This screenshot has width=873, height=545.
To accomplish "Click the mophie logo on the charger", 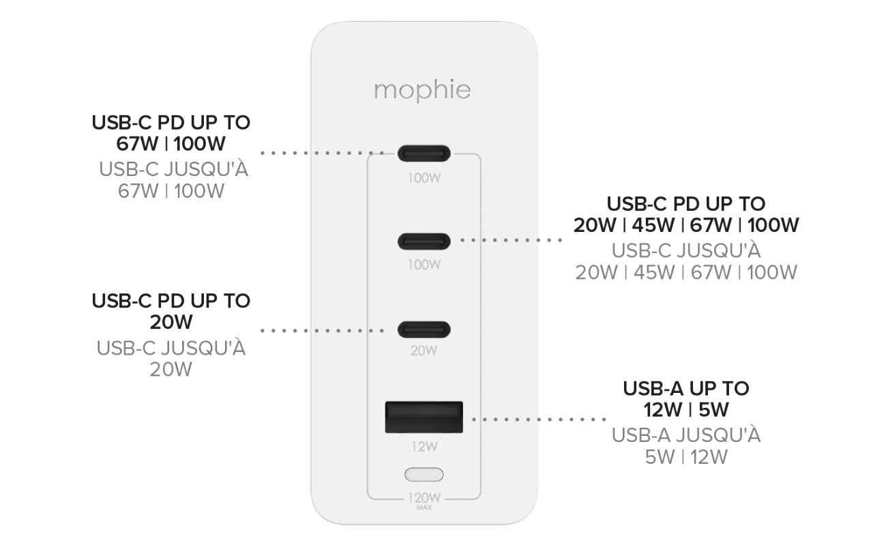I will click(x=422, y=91).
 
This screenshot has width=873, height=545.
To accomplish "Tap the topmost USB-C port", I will click(x=424, y=153).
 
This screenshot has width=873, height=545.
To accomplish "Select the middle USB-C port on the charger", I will click(x=424, y=241).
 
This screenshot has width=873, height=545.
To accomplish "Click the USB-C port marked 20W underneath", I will click(x=424, y=329).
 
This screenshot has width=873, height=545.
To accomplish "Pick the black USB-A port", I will click(x=424, y=417).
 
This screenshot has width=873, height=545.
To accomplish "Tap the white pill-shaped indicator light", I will click(x=424, y=474).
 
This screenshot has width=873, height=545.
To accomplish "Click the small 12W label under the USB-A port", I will click(x=424, y=447).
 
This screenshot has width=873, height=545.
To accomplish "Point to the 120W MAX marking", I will click(x=424, y=499).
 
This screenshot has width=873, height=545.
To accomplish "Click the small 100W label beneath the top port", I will click(x=424, y=179).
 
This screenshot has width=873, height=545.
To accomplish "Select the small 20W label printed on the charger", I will click(x=424, y=351).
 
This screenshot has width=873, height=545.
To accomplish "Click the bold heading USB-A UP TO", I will click(x=686, y=389).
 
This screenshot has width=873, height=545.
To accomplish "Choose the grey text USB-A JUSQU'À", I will click(x=686, y=435).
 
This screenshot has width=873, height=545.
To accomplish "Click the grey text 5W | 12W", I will click(x=686, y=457).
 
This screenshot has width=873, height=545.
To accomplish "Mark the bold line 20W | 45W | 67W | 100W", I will click(x=686, y=225).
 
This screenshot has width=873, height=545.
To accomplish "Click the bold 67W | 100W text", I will click(x=171, y=145).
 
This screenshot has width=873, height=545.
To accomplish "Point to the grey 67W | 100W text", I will click(x=171, y=191).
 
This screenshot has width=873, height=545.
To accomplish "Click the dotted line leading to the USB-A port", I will click(x=539, y=419).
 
